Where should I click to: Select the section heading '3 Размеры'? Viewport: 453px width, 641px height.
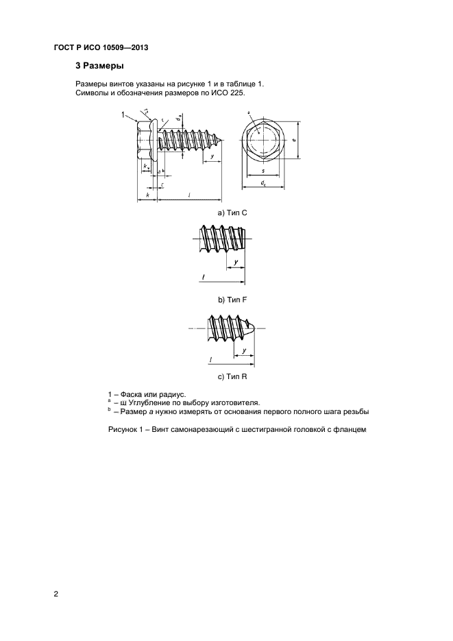(99, 67)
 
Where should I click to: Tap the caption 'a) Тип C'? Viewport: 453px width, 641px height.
(232, 213)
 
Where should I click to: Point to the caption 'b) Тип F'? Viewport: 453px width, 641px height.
(232, 300)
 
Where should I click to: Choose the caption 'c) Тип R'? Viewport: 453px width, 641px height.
(232, 376)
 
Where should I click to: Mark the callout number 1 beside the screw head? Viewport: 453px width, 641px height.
(123, 114)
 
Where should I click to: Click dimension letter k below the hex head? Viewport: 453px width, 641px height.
(147, 195)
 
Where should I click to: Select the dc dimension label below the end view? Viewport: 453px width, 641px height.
(264, 183)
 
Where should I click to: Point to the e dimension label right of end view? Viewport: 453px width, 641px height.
(294, 140)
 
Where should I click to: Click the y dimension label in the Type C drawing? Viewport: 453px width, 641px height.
(213, 157)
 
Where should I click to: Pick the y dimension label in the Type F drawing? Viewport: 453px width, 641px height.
(235, 262)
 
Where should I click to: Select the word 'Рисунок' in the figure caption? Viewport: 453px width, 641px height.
(124, 430)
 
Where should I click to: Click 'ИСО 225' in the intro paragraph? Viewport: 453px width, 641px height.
(226, 92)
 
